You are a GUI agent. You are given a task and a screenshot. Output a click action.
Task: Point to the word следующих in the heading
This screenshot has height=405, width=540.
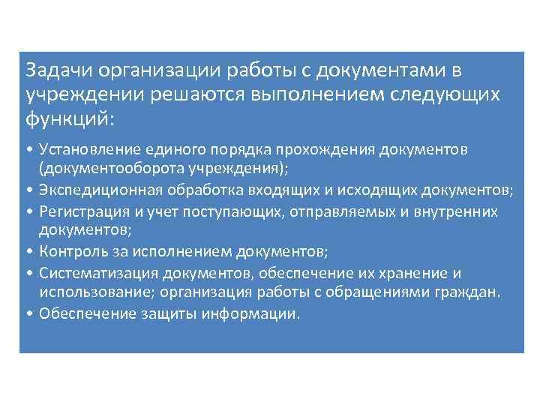(x=445, y=94)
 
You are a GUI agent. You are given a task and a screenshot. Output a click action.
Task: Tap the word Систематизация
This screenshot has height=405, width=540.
(x=90, y=273)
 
